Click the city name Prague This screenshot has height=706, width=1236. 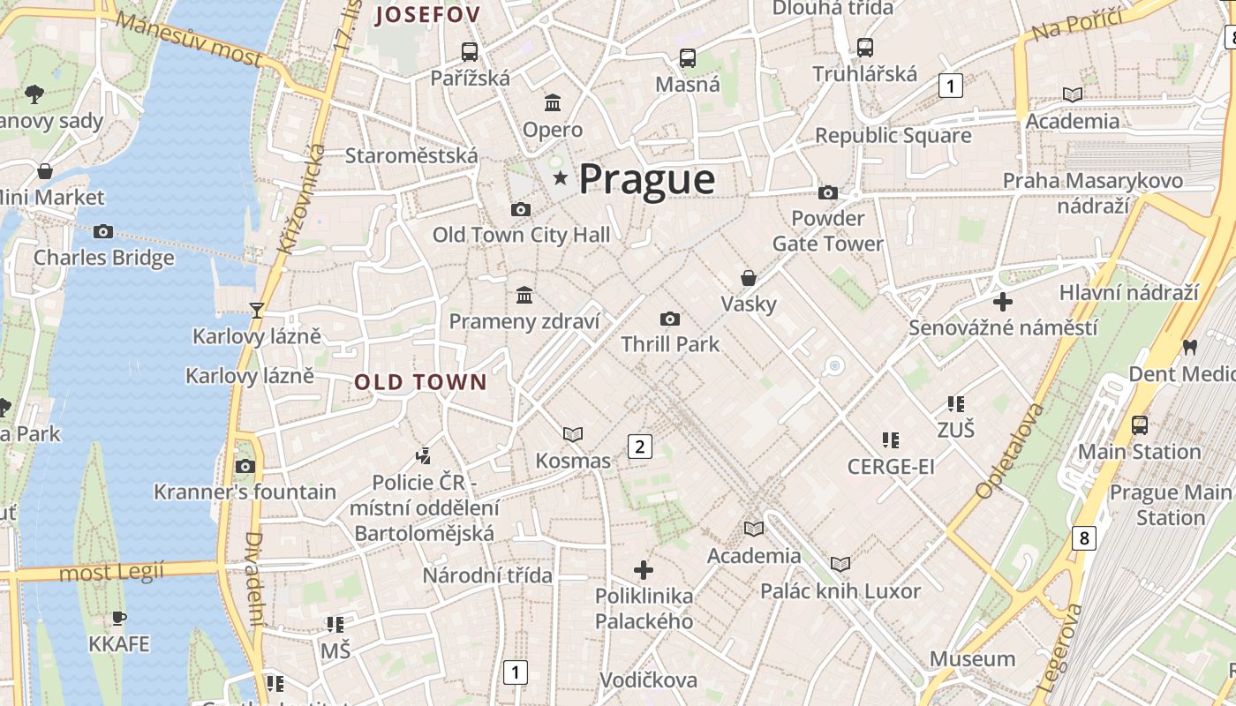point(646,179)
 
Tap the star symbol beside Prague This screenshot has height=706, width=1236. point(560,178)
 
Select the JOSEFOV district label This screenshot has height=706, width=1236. point(428,14)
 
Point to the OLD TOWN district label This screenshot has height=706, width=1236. point(420,382)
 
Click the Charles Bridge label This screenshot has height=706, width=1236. point(104,258)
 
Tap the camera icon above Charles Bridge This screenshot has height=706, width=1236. point(103,231)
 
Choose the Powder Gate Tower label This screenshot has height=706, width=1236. point(827,230)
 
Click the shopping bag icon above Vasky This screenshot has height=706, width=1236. point(749,278)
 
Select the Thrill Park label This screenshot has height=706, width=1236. point(670,344)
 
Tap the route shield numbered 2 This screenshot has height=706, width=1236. point(640,447)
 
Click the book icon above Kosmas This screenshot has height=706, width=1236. point(573,434)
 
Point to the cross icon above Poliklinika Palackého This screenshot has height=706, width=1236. point(644,569)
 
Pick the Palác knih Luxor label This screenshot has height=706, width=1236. point(840,590)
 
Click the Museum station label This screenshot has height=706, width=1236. point(972,658)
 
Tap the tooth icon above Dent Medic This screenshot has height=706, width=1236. point(1189,347)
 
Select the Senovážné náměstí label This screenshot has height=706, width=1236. point(1004,327)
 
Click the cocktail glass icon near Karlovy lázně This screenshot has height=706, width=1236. point(257,310)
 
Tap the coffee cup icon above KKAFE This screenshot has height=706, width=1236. point(119,618)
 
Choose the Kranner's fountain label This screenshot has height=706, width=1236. point(245,492)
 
